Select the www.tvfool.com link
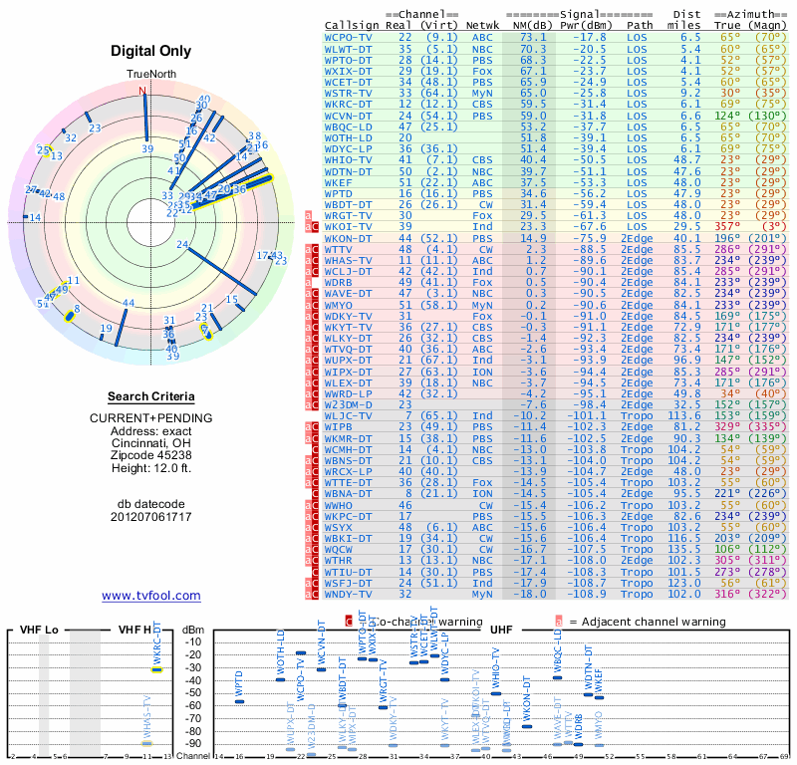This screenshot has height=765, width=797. [151, 596]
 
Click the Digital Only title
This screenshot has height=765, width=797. [151, 51]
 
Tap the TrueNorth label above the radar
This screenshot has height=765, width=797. [150, 75]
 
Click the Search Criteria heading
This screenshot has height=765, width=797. [150, 396]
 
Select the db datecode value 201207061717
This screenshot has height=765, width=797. [151, 517]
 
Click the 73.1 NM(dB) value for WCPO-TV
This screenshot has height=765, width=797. [528, 36]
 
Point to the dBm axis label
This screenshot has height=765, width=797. [191, 630]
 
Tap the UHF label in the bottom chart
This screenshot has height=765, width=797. [500, 630]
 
